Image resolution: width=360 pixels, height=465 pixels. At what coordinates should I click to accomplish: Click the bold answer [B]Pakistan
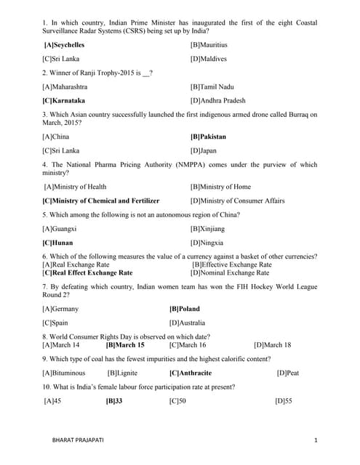coord(208,137)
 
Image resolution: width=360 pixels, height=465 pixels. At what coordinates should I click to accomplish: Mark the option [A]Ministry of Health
coord(76,187)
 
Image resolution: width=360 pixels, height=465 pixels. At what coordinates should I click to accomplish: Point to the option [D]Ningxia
coord(207,243)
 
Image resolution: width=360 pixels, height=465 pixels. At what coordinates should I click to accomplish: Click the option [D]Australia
coord(187,323)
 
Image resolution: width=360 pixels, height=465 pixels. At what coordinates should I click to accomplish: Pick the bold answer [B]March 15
coord(125,345)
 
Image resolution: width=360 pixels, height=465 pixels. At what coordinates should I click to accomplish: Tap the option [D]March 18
coord(273,345)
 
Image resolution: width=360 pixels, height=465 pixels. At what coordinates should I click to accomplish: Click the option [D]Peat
coord(288,373)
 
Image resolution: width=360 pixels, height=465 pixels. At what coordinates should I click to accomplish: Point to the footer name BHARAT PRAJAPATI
coord(73,440)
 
